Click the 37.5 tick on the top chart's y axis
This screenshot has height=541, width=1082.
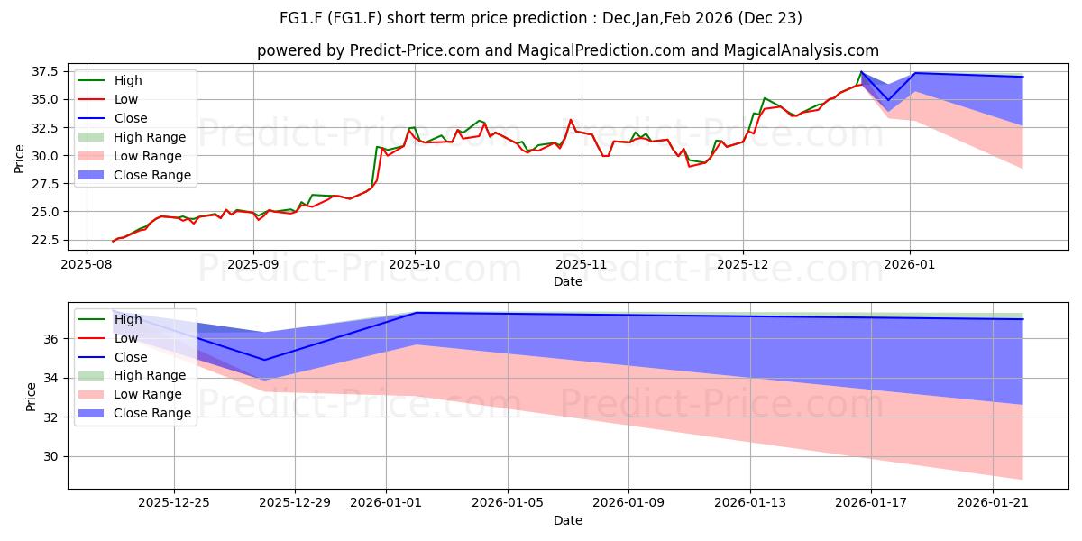[44, 72]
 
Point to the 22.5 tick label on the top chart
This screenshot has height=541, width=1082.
[44, 240]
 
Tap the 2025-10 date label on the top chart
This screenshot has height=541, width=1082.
[415, 265]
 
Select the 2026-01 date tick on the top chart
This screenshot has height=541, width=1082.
[909, 265]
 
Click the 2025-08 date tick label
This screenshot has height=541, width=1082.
[87, 265]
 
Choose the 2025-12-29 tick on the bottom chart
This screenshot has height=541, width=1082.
[295, 503]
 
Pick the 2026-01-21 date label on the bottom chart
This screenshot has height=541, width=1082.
[993, 503]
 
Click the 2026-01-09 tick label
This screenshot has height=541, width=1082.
[628, 503]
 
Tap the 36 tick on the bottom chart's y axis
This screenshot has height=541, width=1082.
[50, 339]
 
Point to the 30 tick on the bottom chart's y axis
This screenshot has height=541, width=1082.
[50, 456]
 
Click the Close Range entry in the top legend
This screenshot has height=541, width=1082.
[135, 175]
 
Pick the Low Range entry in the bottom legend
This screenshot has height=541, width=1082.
[131, 394]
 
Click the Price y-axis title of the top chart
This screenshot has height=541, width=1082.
[19, 159]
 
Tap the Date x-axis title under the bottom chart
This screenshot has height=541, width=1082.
[567, 520]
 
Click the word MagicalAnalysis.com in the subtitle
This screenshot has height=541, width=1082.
[801, 50]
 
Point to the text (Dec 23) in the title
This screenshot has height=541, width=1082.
[770, 18]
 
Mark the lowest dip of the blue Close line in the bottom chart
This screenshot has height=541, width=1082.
[263, 360]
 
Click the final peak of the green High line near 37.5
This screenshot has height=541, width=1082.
[861, 71]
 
